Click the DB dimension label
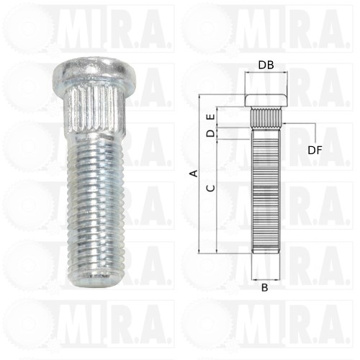click(x=266, y=65)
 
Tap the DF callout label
click(x=315, y=150)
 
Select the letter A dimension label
click(x=194, y=174)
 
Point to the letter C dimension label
click(x=211, y=188)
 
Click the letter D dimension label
click(x=211, y=133)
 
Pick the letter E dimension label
click(x=211, y=117)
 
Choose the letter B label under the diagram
click(x=264, y=287)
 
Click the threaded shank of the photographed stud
click(x=95, y=207)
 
